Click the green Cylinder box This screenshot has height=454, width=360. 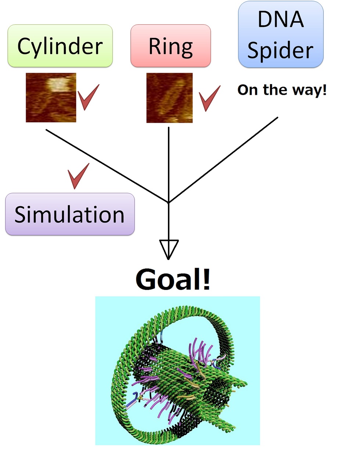(60, 46)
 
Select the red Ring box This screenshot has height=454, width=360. (170, 46)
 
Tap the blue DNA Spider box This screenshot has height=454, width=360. (281, 35)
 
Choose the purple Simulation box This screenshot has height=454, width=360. (70, 214)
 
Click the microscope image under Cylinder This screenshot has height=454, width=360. (51, 98)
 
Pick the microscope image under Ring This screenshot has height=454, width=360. (169, 98)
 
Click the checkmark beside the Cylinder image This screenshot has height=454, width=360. (88, 97)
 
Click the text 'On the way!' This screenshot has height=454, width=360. (282, 90)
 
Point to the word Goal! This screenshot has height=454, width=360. (173, 280)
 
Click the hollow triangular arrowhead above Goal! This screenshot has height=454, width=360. (169, 249)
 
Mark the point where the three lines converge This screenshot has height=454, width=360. (169, 202)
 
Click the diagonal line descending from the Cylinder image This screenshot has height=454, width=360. (107, 166)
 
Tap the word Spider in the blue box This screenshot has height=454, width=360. (281, 50)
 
